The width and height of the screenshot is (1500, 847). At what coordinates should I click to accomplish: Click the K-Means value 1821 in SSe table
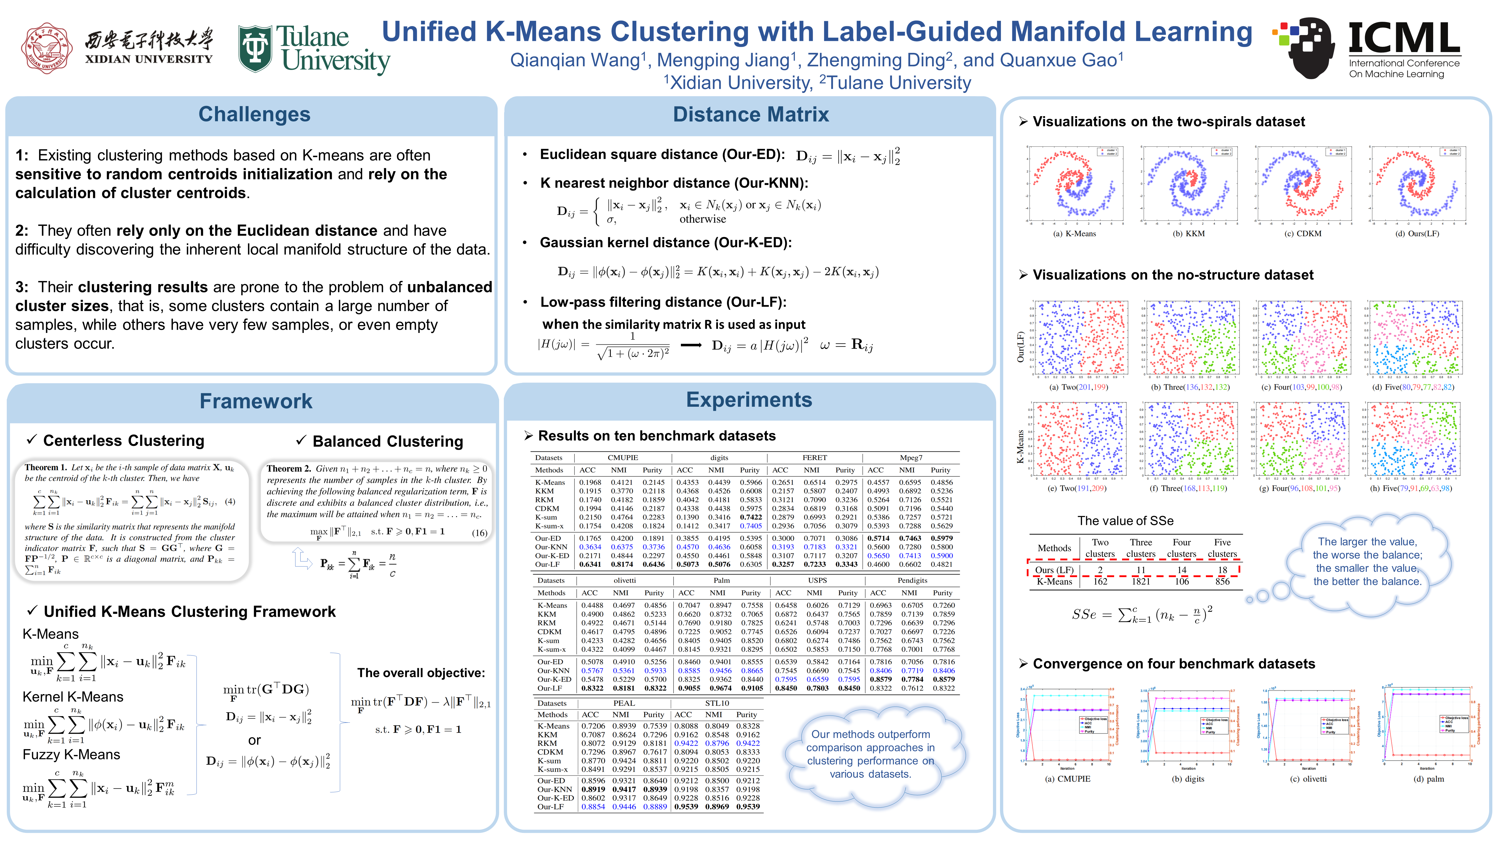coord(1141,581)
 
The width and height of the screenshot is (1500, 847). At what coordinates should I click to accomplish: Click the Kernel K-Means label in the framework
coord(73,697)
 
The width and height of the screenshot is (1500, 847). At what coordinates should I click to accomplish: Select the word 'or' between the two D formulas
coord(254,741)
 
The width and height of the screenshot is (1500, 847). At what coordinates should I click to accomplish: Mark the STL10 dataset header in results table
coord(717,703)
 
